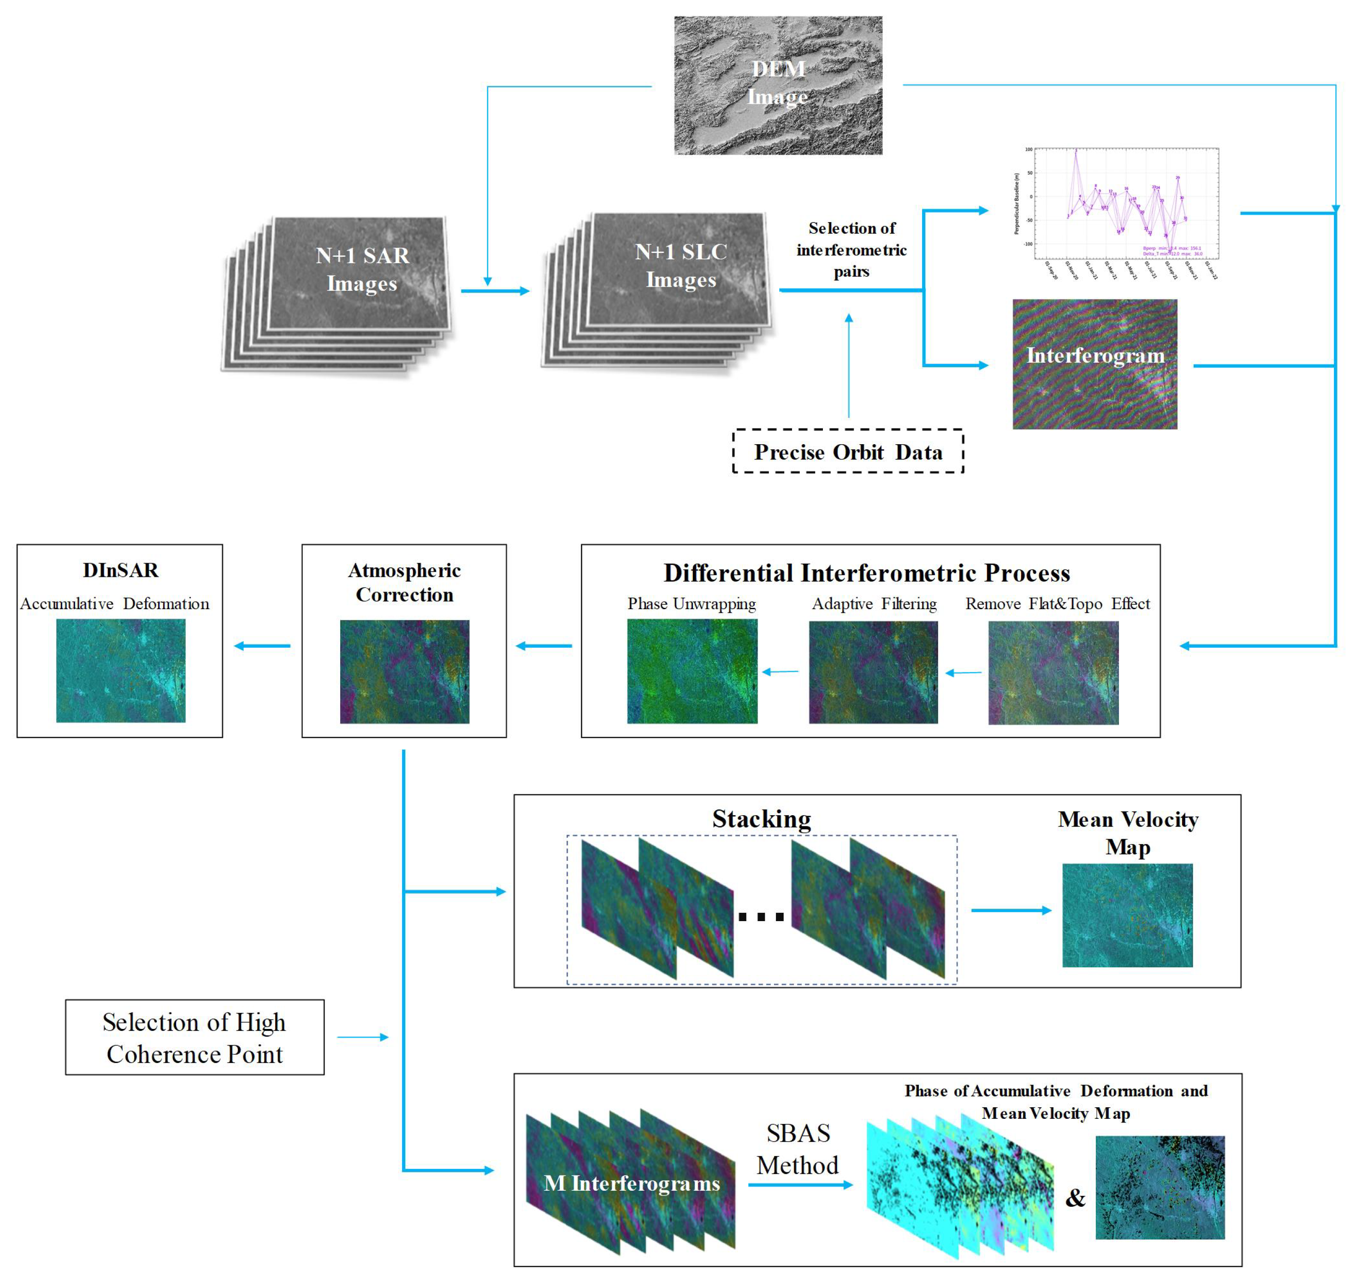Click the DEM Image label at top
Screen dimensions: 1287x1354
pos(778,83)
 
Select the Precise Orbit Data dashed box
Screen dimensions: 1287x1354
pos(848,452)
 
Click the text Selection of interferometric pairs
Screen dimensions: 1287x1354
pos(851,250)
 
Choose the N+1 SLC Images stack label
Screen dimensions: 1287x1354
pos(681,266)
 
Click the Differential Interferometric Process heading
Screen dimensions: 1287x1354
pos(867,573)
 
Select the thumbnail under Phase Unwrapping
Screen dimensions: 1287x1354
pos(692,671)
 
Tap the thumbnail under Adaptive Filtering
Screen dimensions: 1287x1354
pos(873,672)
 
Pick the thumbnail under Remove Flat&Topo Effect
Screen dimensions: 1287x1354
pos(1053,672)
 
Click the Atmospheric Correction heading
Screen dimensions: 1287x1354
pos(404,582)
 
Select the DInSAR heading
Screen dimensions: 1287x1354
pos(121,570)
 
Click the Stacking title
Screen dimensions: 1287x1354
pos(761,819)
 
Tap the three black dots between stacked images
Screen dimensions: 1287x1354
pos(761,917)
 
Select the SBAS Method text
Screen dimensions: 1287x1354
pos(798,1149)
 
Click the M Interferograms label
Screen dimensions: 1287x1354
pos(632,1183)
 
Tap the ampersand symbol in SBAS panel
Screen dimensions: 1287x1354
pos(1075,1198)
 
